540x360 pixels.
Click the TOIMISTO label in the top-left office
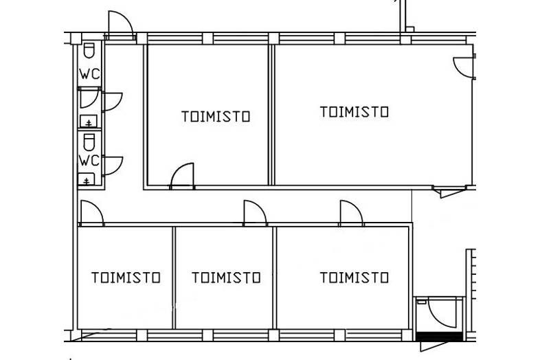pyautogui.click(x=216, y=116)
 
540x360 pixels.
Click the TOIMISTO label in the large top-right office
pyautogui.click(x=355, y=111)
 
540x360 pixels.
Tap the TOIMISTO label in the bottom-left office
pyautogui.click(x=126, y=278)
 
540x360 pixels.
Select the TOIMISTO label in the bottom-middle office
pyautogui.click(x=226, y=278)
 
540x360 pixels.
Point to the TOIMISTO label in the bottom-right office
pyautogui.click(x=355, y=278)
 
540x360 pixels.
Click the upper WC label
pyautogui.click(x=89, y=75)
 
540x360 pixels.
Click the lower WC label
pyautogui.click(x=89, y=161)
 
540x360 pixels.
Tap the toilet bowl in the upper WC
pyautogui.click(x=89, y=51)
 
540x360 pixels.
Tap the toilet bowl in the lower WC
pyautogui.click(x=89, y=142)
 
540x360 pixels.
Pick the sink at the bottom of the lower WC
pyautogui.click(x=87, y=181)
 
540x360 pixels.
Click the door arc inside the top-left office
pyautogui.click(x=182, y=176)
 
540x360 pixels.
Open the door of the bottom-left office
pyautogui.click(x=91, y=213)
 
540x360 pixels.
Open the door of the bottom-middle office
pyautogui.click(x=254, y=213)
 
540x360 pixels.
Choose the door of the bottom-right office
pyautogui.click(x=351, y=213)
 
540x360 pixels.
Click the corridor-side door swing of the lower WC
pyautogui.click(x=112, y=165)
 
